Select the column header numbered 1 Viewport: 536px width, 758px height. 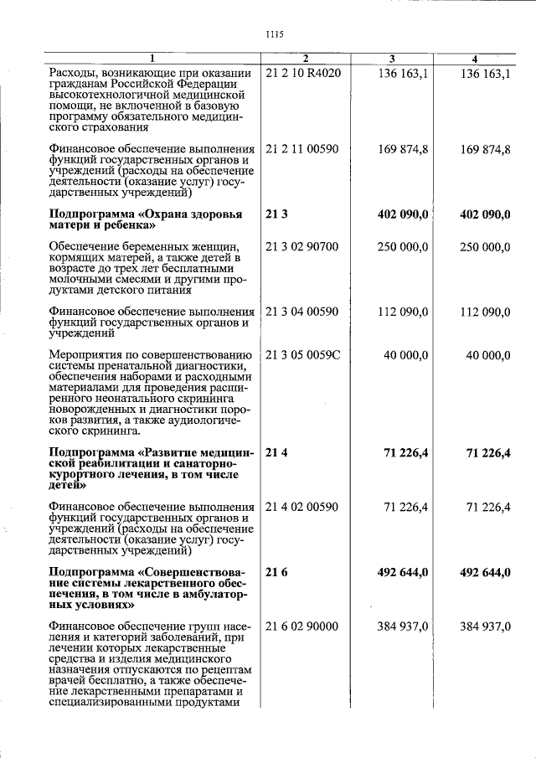coord(152,58)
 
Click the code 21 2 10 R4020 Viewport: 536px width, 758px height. coord(303,75)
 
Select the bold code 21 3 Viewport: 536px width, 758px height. coord(276,214)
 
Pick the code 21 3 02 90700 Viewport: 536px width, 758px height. coord(301,247)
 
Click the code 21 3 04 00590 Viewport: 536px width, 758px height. coord(301,312)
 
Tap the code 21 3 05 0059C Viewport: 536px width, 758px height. coord(302,354)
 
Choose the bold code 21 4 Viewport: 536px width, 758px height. coord(276,452)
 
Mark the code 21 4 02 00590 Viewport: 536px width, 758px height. coord(301,507)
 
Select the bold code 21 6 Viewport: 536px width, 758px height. coord(276,572)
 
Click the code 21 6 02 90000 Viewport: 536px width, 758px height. coord(301,626)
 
